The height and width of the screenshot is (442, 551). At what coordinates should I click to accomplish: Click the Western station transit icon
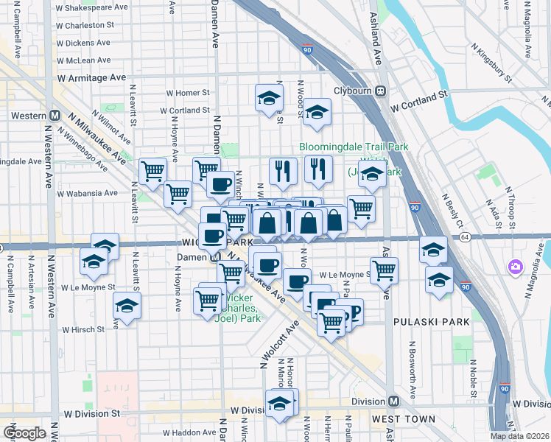(54, 116)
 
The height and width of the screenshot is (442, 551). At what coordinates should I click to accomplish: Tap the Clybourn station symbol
(381, 91)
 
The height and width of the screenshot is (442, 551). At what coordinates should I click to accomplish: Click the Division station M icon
(393, 401)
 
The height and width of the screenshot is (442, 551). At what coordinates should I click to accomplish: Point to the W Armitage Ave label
(91, 77)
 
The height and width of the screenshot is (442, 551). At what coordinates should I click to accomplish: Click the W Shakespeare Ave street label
(92, 7)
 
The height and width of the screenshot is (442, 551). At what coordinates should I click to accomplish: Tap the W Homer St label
(188, 94)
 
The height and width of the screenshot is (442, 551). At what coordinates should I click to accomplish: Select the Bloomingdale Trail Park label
(354, 147)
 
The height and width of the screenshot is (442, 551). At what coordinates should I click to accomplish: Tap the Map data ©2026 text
(519, 436)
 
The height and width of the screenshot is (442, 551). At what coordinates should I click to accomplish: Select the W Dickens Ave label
(83, 43)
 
